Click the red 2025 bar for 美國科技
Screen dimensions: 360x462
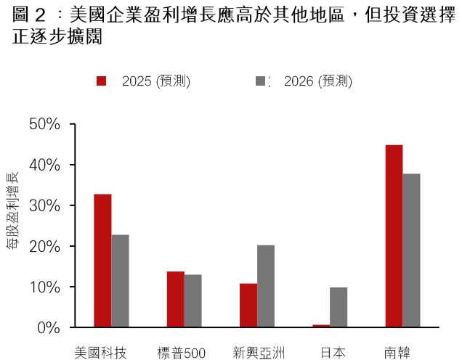102,261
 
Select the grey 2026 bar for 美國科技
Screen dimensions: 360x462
121,281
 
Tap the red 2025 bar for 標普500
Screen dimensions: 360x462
175,299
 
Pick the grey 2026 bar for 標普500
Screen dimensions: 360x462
193,300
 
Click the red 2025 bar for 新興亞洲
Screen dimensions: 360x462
248,305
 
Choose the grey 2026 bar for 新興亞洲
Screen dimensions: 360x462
266,286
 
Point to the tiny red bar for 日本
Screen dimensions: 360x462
321,326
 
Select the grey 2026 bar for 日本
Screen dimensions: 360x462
339,307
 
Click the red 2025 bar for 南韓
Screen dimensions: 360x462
394,236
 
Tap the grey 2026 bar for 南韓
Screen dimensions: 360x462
412,250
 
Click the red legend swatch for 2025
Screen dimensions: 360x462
102,81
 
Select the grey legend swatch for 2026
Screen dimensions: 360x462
262,81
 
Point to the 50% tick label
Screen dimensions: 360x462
44,125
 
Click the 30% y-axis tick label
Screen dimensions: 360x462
44,206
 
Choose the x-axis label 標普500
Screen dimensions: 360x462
182,353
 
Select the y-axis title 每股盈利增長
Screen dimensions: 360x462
12,210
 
